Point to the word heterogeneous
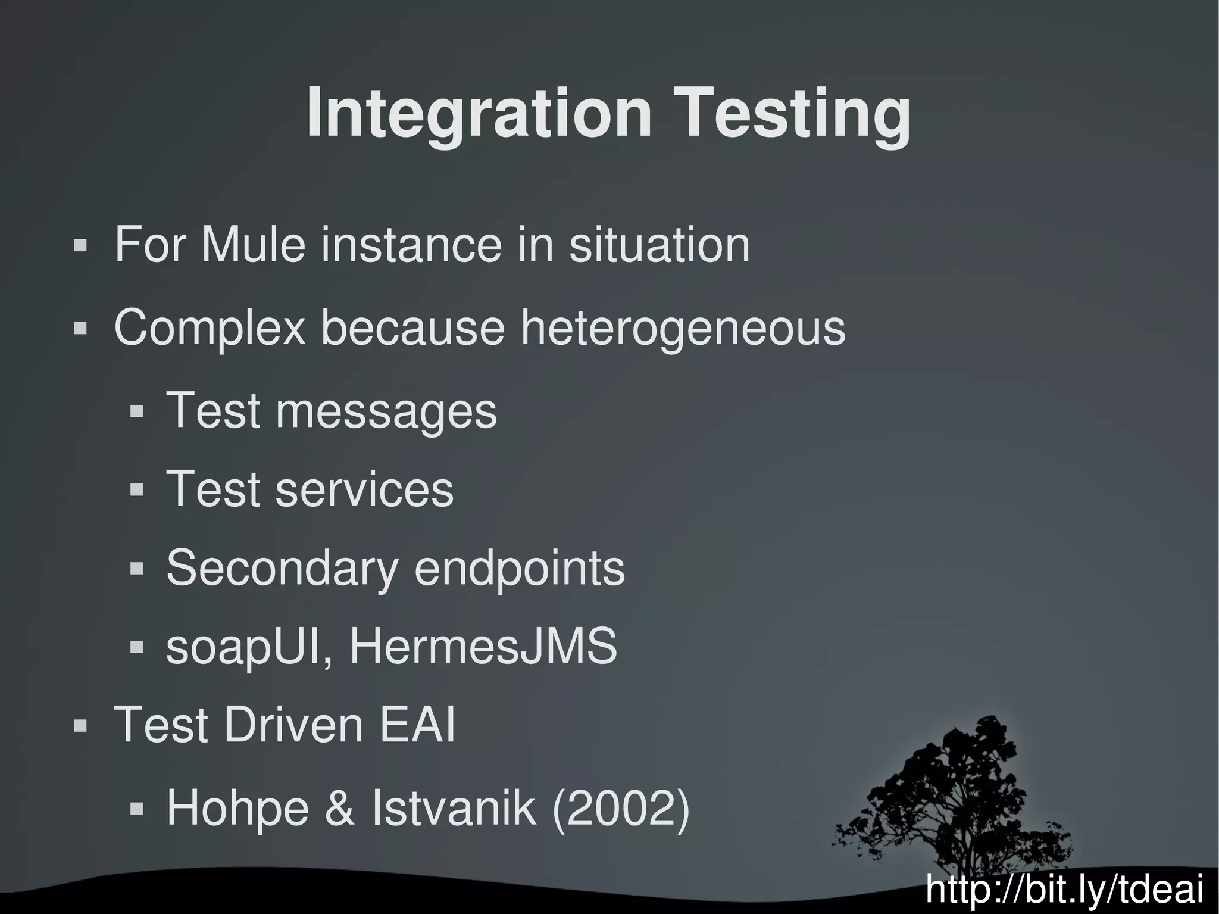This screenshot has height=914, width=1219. click(x=683, y=327)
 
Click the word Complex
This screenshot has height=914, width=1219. click(x=210, y=327)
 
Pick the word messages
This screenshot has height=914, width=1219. click(x=386, y=411)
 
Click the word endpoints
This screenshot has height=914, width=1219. click(x=520, y=568)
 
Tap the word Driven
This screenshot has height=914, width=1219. click(x=293, y=725)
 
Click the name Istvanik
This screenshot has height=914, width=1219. click(x=454, y=808)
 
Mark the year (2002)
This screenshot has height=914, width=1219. click(x=621, y=808)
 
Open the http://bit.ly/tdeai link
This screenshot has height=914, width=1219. click(x=1065, y=891)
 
